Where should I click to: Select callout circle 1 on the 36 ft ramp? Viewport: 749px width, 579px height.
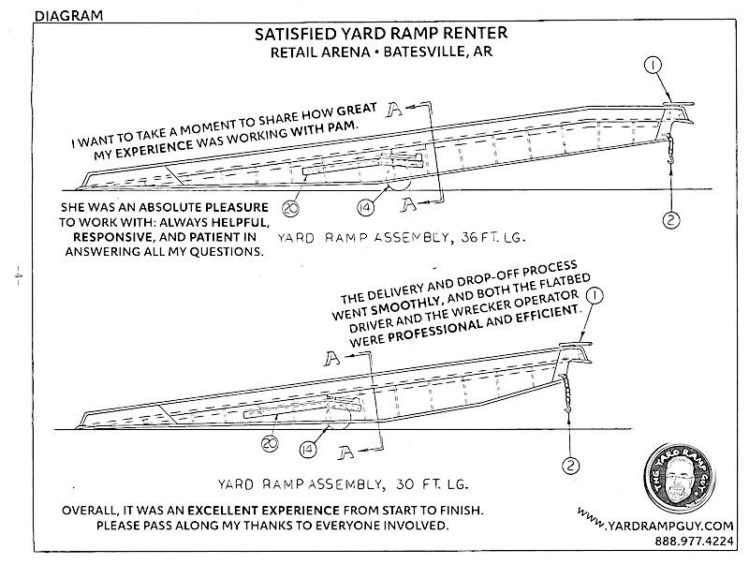point(653,66)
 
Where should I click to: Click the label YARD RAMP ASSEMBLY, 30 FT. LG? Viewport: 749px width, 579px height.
point(342,485)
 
